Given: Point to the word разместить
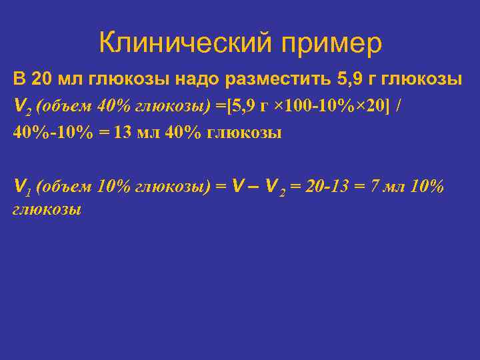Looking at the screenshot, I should click(280, 80).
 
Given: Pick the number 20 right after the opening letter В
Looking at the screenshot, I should click(41, 80).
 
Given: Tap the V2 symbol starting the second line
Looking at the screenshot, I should click(20, 107).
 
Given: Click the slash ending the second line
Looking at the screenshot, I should click(399, 106).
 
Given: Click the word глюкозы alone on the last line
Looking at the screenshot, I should click(47, 209).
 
